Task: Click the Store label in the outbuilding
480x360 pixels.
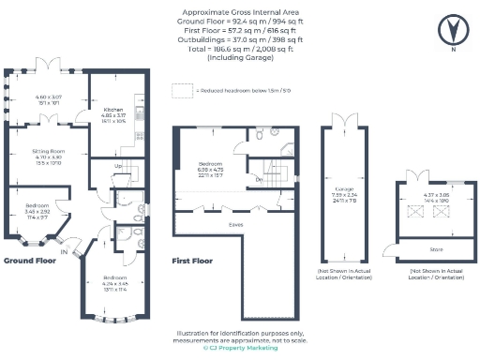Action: (435, 249)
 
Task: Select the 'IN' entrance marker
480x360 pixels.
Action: (65, 251)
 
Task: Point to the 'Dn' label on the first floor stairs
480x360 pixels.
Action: (258, 177)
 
